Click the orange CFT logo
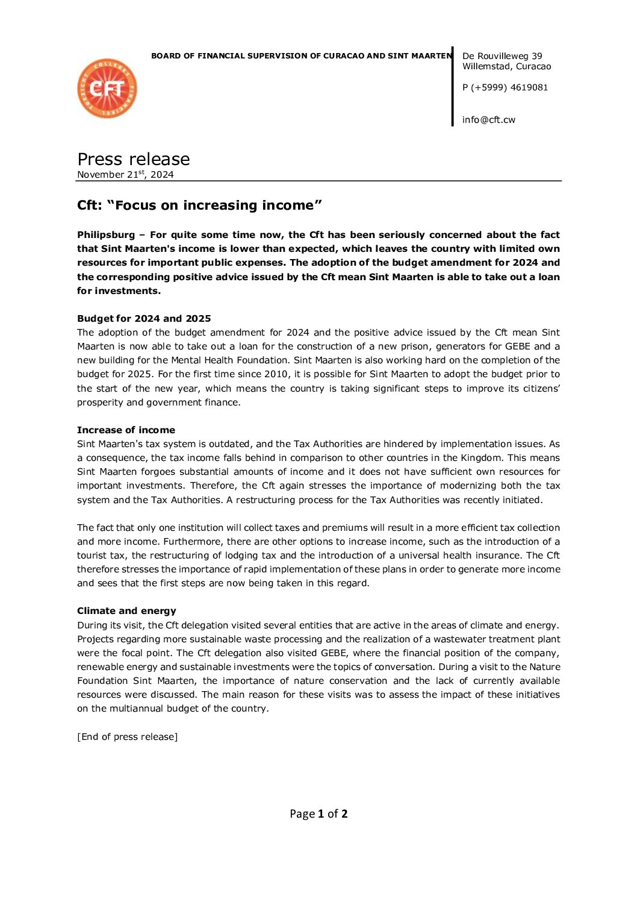[x=107, y=89]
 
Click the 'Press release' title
[x=134, y=159]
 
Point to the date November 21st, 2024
[x=125, y=175]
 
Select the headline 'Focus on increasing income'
[x=199, y=205]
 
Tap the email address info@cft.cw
[x=489, y=120]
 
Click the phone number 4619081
[x=529, y=87]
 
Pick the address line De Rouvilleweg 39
[x=502, y=56]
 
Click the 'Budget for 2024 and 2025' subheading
[x=144, y=319]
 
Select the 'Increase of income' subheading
[x=126, y=430]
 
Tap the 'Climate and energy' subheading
[x=126, y=611]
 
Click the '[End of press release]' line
[x=128, y=737]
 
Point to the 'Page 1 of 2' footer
[x=318, y=814]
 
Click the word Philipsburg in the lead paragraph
[x=106, y=235]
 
